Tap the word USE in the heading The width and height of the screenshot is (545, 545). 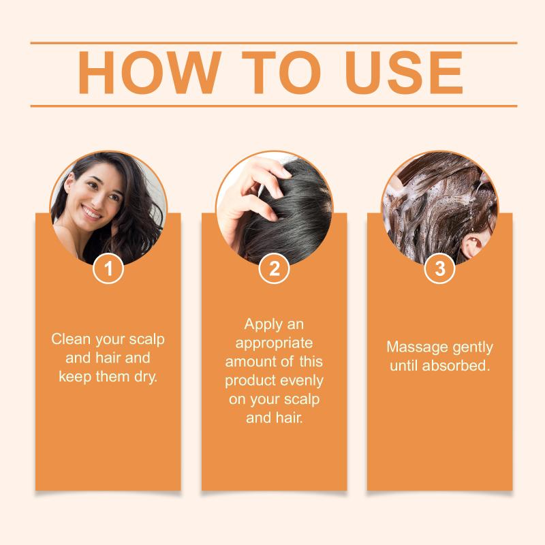[x=404, y=73]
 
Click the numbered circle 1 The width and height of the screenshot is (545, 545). [x=108, y=268]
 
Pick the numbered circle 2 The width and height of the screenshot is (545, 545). [x=275, y=268]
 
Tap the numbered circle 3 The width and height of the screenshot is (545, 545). [x=440, y=268]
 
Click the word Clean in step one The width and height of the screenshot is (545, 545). [x=71, y=339]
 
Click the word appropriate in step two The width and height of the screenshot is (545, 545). [x=274, y=343]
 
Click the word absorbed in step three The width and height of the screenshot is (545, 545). [x=456, y=366]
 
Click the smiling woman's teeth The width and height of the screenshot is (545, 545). [x=91, y=212]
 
